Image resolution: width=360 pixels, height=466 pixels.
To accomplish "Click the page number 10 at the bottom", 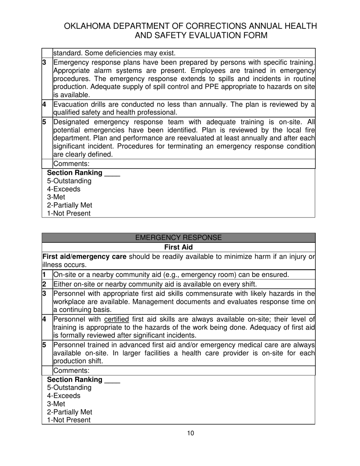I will click(x=190, y=433).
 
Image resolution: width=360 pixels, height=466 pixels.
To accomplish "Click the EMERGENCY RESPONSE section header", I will click(x=178, y=238).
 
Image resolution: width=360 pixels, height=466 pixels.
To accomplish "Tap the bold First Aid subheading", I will click(x=178, y=247).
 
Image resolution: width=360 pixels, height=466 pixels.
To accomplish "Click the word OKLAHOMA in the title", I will click(x=88, y=26).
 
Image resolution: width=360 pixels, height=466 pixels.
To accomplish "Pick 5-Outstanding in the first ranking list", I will click(x=69, y=181).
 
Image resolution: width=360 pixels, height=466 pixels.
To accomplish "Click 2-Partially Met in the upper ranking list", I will click(x=69, y=205).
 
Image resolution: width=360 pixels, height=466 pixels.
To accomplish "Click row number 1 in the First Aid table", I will click(x=44, y=275).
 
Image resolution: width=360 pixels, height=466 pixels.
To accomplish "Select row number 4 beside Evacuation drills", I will click(x=44, y=105).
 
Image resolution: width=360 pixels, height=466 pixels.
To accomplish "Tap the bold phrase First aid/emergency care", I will click(x=85, y=257).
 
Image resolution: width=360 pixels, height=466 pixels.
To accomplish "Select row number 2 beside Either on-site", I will click(x=44, y=284).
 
